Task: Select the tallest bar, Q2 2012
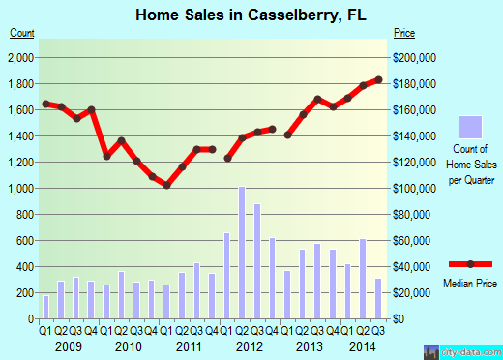point(241,252)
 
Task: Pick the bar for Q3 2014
point(379,298)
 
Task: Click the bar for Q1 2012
point(227,275)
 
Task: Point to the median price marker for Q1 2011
point(166,185)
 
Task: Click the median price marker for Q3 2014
point(379,79)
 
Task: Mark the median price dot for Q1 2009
point(45,104)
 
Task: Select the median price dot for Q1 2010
point(106,156)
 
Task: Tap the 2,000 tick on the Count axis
point(21,58)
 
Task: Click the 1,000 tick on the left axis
point(21,188)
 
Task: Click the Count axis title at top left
point(22,34)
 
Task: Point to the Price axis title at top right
point(405,34)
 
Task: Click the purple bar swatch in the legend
point(471,127)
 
